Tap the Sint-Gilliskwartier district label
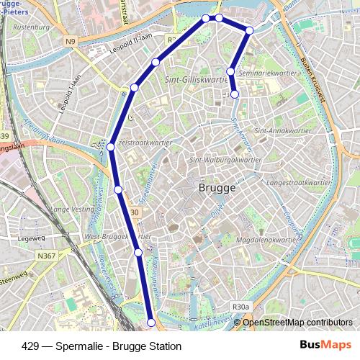pos(197,79)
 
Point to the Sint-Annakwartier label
pos(282,132)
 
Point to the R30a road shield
pos(240,307)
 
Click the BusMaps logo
pos(325,345)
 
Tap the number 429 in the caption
pos(30,346)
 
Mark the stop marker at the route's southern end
pos(151,323)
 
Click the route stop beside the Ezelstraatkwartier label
pos(111,147)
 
